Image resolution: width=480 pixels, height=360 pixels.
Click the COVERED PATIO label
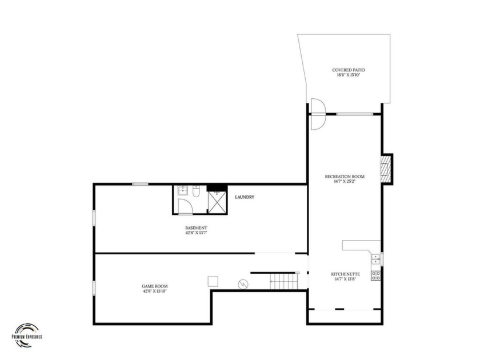(349, 70)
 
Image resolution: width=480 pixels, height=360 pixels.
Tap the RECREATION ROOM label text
(345, 177)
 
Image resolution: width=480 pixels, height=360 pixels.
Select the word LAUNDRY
(245, 197)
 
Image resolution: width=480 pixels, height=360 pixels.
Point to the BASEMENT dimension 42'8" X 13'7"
(196, 233)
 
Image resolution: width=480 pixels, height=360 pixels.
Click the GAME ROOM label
(155, 286)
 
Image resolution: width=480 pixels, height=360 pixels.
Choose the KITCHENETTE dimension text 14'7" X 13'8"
(345, 279)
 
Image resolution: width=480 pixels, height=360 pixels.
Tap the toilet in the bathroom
(196, 191)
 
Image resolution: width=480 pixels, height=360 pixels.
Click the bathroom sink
(183, 190)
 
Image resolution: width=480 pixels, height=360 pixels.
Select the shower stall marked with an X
(217, 202)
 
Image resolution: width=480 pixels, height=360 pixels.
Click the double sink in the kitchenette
(375, 259)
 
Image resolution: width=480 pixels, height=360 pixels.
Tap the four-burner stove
(376, 276)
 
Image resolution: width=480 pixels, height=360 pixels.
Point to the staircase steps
(284, 281)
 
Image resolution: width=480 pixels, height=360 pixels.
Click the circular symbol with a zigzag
(243, 285)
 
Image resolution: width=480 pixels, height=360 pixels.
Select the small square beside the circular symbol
(213, 281)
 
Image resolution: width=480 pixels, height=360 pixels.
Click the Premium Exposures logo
(27, 335)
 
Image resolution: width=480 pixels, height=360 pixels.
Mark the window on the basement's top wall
(140, 184)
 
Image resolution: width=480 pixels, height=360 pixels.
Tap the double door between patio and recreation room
(318, 114)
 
